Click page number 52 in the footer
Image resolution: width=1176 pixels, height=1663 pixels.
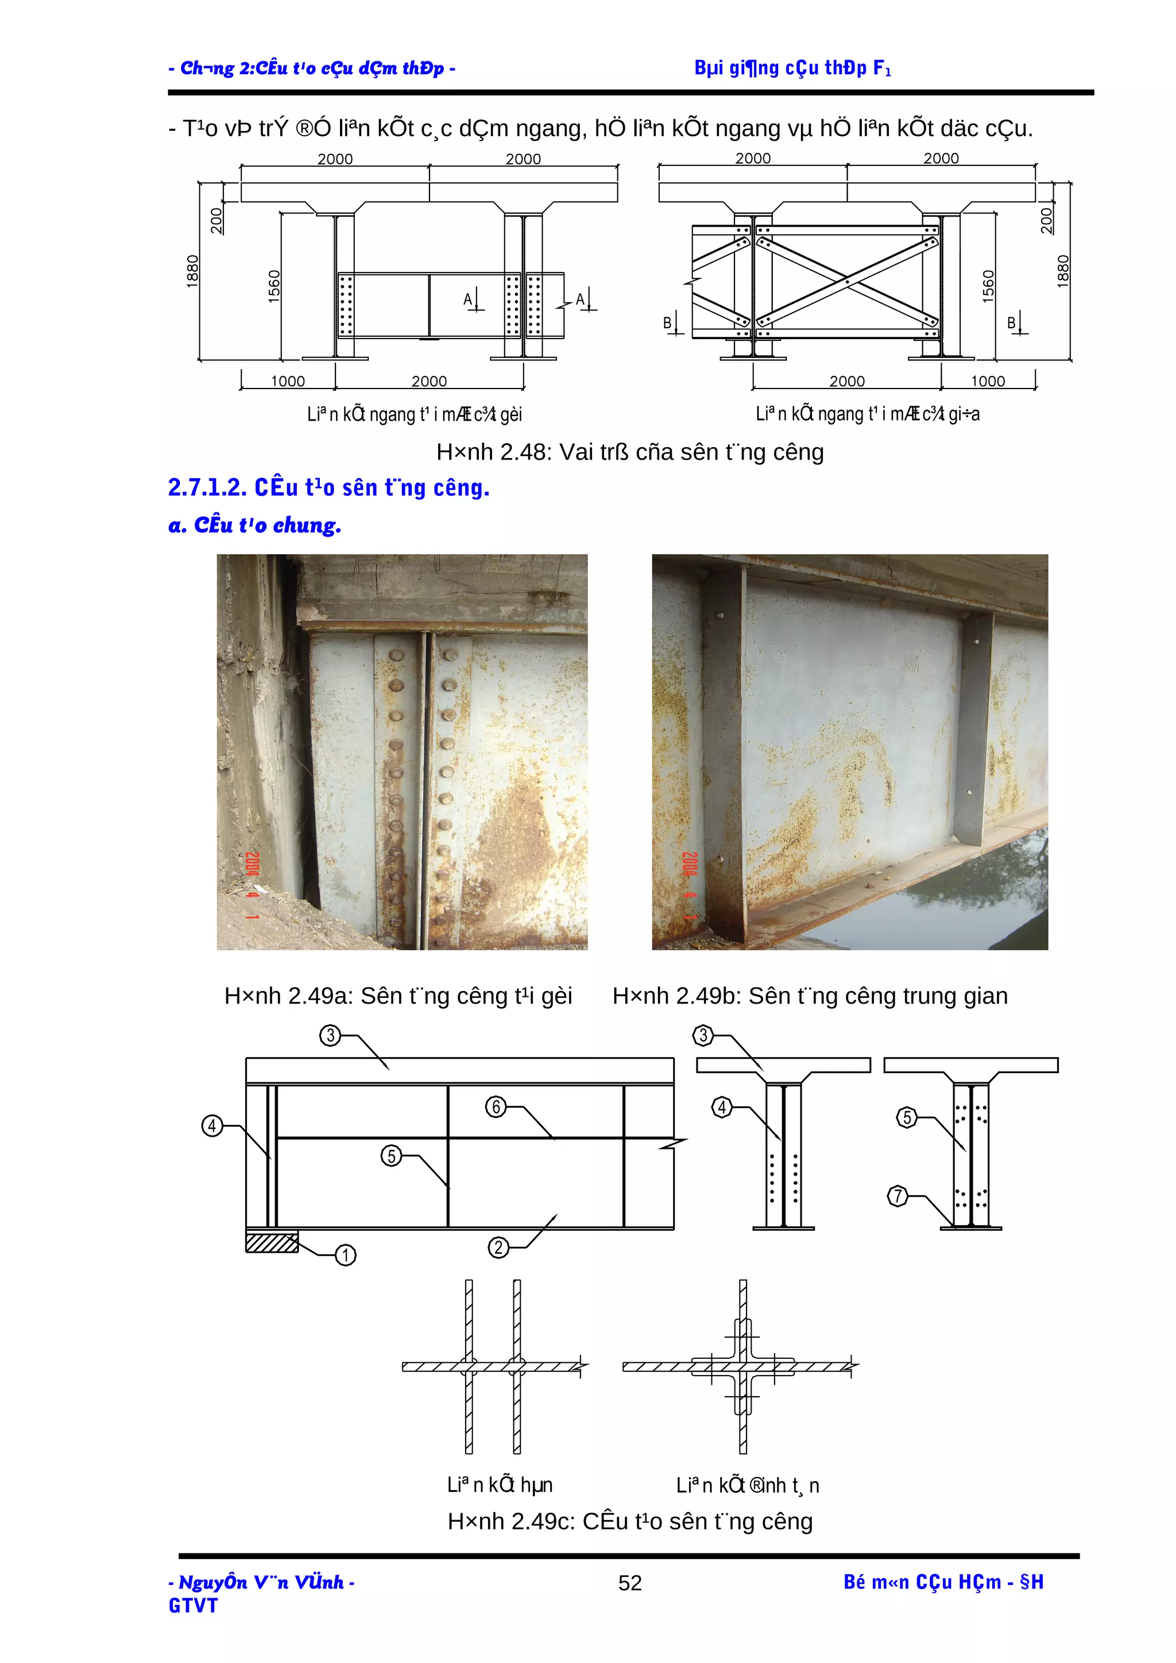click(630, 1583)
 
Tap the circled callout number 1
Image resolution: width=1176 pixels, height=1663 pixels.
click(346, 1254)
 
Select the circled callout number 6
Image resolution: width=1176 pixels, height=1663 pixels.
click(496, 1107)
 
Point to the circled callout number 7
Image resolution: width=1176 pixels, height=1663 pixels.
click(898, 1195)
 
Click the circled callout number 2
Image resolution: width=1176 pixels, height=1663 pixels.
click(498, 1248)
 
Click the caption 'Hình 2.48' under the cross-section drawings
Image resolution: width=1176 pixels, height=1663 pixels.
click(630, 452)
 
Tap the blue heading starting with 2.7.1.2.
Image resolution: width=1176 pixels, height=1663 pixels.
click(328, 487)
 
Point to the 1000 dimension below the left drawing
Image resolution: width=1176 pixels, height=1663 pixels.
click(288, 381)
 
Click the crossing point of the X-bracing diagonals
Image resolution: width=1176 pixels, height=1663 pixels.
click(847, 279)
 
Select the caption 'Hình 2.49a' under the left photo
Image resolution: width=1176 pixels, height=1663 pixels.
click(398, 996)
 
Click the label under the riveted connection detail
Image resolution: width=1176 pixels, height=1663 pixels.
click(747, 1486)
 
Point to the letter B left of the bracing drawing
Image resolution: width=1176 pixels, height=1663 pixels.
click(667, 323)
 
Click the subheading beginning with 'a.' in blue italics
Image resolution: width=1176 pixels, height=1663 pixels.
click(254, 525)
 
